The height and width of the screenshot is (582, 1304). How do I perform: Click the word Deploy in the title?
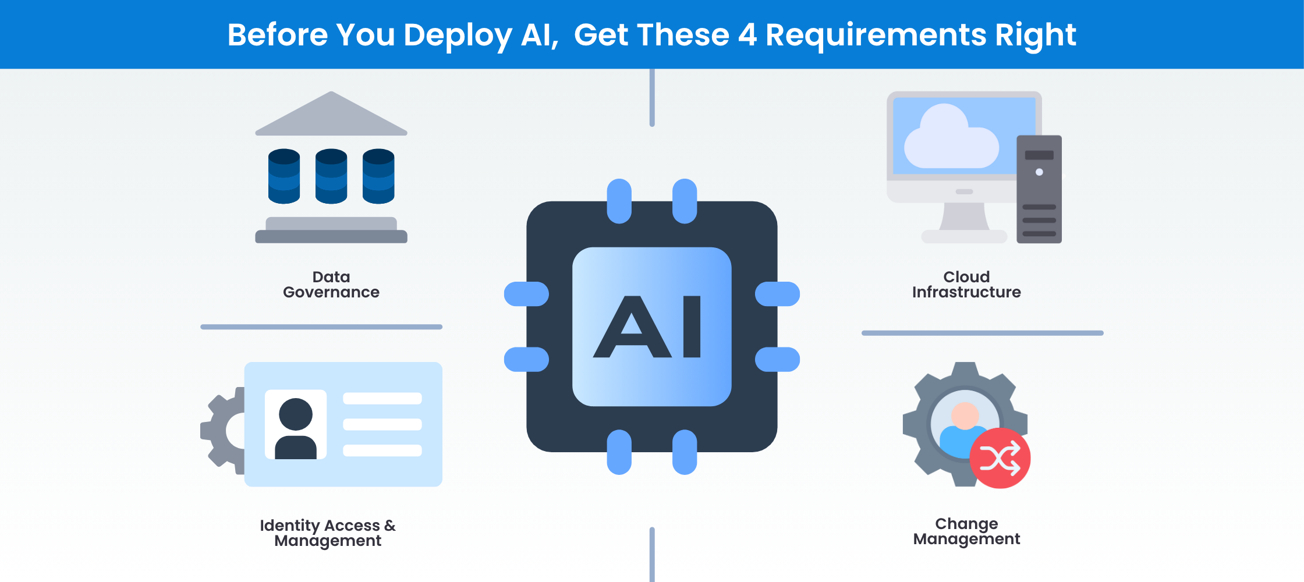tap(458, 35)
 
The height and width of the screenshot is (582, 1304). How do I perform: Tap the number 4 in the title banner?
tap(747, 35)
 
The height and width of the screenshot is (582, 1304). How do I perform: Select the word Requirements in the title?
tap(876, 35)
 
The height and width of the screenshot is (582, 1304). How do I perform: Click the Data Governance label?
tap(331, 285)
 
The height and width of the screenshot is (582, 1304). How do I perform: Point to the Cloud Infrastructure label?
tap(966, 285)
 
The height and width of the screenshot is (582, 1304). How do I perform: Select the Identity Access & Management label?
tap(328, 533)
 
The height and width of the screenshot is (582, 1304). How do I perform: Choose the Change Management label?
tap(966, 531)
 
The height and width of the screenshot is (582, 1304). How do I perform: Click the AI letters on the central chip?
tap(647, 327)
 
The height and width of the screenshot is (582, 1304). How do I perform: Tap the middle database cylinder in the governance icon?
tap(331, 176)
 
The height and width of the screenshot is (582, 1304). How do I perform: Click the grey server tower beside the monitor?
tap(1039, 189)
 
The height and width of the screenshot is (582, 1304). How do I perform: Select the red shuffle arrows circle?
tap(1000, 459)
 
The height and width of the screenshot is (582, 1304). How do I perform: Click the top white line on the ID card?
tap(382, 399)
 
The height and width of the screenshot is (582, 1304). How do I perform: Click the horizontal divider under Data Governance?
tap(321, 327)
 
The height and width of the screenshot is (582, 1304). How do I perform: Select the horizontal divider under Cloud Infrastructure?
tap(983, 333)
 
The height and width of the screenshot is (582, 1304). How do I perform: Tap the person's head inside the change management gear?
tap(965, 415)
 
